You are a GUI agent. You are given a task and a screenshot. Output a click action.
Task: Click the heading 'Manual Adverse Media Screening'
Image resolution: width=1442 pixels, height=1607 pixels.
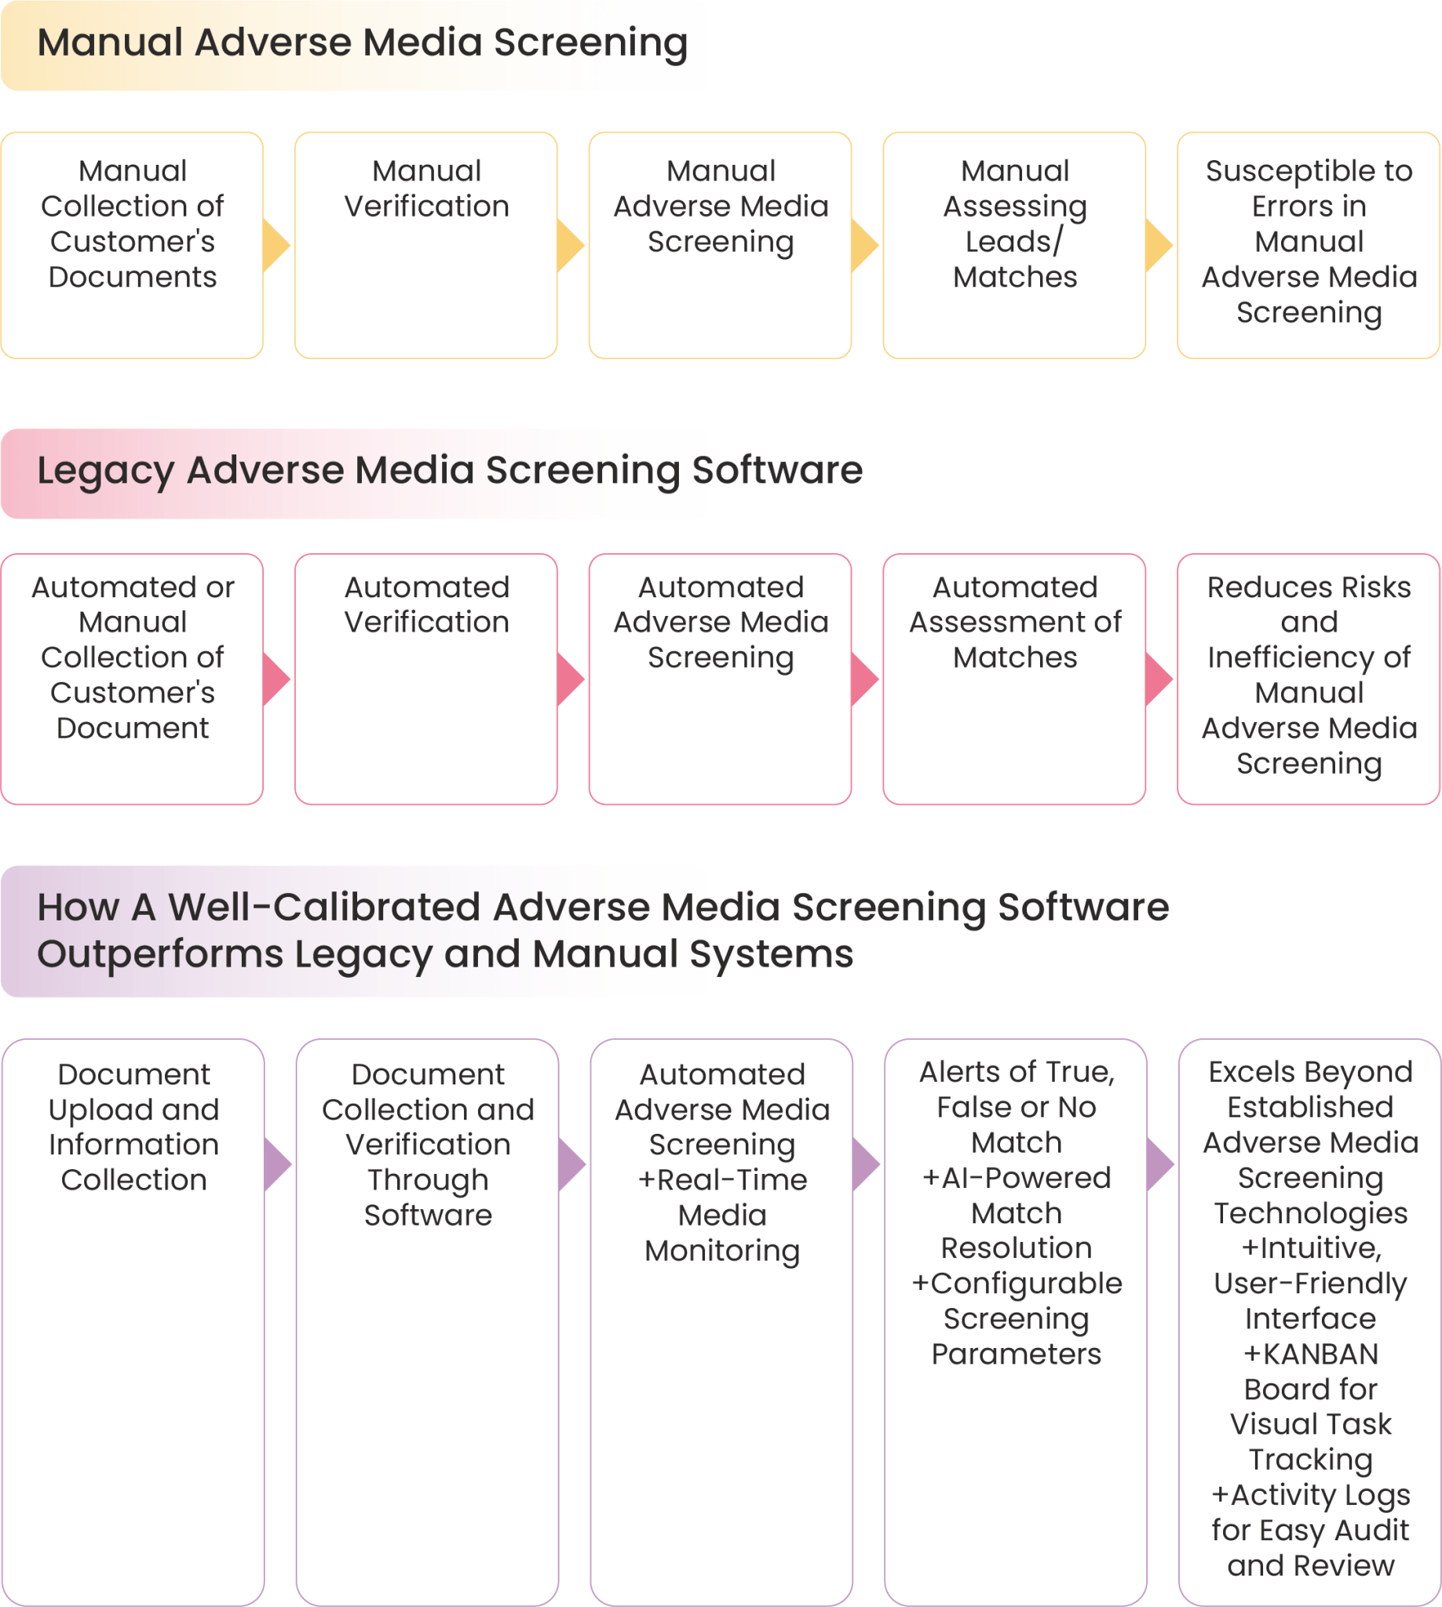362,44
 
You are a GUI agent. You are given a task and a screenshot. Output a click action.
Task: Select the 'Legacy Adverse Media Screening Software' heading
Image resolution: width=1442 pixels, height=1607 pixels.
449,472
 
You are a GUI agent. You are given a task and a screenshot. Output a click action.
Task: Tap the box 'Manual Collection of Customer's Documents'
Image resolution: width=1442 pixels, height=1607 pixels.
133,246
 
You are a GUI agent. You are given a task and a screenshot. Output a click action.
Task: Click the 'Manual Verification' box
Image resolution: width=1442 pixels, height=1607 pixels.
426,246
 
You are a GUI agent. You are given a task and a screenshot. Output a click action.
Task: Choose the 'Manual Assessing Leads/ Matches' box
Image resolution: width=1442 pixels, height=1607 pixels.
1014,246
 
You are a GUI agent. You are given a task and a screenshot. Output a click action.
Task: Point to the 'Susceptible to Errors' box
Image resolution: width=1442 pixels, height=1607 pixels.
1309,246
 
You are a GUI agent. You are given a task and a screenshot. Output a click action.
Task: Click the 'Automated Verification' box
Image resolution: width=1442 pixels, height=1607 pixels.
426,679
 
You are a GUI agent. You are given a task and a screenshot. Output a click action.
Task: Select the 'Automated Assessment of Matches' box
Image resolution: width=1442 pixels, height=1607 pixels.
1014,679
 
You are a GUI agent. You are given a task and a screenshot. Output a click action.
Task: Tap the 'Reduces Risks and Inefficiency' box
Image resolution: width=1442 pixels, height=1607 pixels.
1309,679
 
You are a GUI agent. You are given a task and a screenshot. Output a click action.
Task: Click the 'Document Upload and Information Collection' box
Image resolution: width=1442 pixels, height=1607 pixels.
133,1323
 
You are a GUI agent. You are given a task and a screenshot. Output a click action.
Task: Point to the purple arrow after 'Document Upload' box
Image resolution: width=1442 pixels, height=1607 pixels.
278,1164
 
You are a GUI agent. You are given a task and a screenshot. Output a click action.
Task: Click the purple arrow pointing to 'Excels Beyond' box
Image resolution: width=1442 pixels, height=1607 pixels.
1161,1164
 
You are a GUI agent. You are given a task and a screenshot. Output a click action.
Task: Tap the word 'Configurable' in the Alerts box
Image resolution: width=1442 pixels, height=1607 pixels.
1026,1284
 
